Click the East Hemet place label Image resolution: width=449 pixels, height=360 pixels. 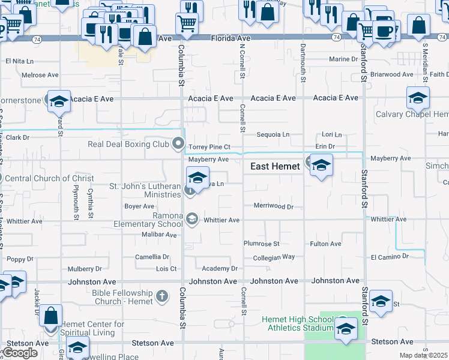[x=274, y=167]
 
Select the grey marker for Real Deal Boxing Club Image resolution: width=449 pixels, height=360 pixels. [x=178, y=143]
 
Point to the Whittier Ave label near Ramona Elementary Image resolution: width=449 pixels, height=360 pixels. [x=221, y=220]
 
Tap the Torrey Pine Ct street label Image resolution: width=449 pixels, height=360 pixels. [x=209, y=147]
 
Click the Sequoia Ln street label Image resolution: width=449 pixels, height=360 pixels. [x=273, y=135]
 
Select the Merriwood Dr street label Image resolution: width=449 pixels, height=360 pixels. [x=273, y=206]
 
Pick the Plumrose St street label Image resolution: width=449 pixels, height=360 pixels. [x=261, y=244]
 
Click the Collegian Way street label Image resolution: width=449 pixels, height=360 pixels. [x=274, y=257]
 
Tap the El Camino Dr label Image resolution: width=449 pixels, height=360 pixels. [x=390, y=257]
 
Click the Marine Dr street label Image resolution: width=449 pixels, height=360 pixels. [x=343, y=59]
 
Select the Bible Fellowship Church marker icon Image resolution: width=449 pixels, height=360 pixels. [x=161, y=296]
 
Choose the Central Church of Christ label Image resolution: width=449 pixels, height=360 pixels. [x=49, y=178]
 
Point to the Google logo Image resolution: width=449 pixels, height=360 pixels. [x=20, y=353]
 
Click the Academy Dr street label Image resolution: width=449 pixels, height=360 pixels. [x=220, y=269]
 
